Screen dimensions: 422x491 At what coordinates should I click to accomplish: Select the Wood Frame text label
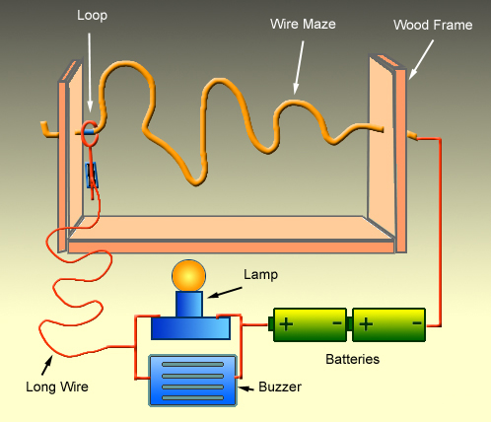(432, 24)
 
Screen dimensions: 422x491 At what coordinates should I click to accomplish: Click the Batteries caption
(352, 359)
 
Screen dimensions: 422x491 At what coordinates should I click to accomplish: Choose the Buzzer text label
(281, 387)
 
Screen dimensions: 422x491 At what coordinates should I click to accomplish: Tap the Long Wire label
(56, 387)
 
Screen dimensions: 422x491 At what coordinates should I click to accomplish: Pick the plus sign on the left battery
(286, 323)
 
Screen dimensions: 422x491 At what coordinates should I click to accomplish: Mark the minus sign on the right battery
(417, 323)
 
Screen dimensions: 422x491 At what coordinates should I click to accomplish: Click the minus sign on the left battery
(336, 323)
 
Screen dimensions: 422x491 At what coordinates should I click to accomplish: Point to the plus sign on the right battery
(367, 323)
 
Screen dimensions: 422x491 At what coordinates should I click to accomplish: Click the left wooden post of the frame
(66, 158)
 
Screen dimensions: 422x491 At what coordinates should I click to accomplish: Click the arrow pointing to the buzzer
(248, 387)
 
